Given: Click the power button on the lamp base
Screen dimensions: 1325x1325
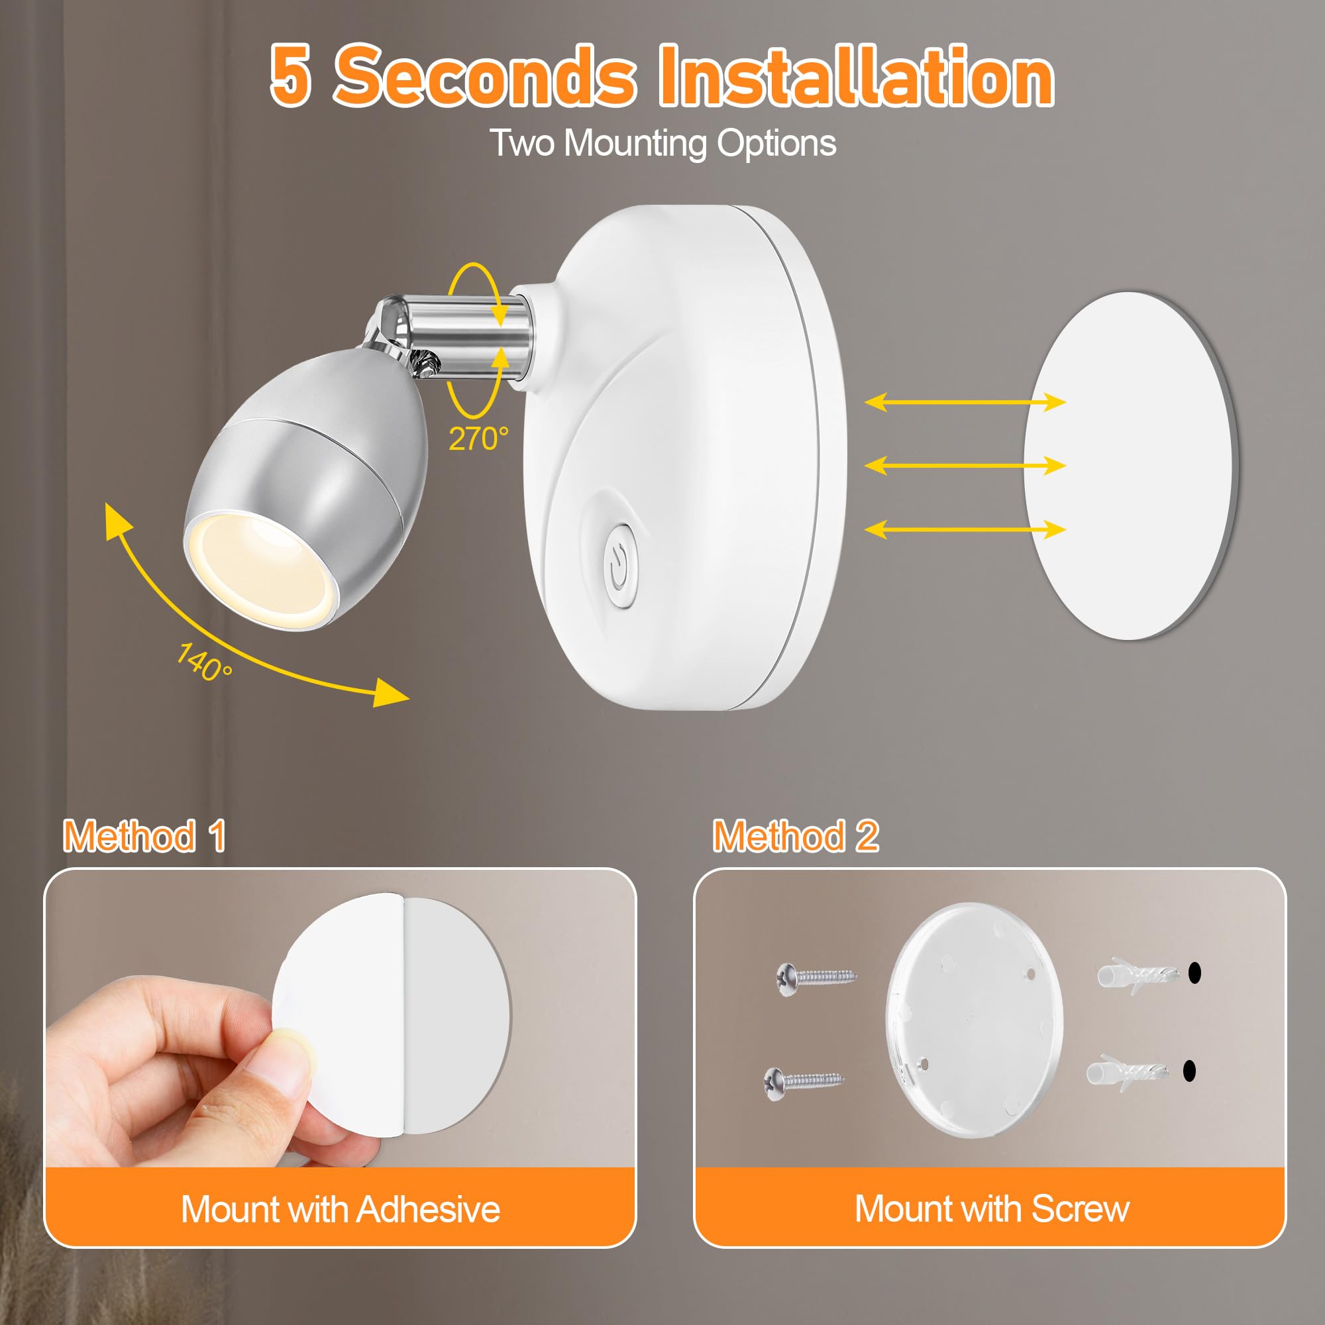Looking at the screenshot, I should pos(619,566).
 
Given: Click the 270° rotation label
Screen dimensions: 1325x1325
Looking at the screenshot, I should pos(479,439).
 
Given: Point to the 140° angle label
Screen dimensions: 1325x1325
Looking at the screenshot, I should pos(204,662).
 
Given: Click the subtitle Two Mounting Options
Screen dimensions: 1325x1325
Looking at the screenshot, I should pos(662,143).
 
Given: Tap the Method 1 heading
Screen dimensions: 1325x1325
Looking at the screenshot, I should pos(144,837).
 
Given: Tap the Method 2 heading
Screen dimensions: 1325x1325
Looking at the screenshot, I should pos(796,837).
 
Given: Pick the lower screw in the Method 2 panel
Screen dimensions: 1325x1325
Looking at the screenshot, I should pos(803,1083).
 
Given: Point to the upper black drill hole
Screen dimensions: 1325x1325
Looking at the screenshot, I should pos(1194,972).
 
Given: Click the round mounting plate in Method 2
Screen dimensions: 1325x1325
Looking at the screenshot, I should pos(974,1022).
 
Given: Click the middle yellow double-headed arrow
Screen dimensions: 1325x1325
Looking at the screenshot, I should pos(965,466).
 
